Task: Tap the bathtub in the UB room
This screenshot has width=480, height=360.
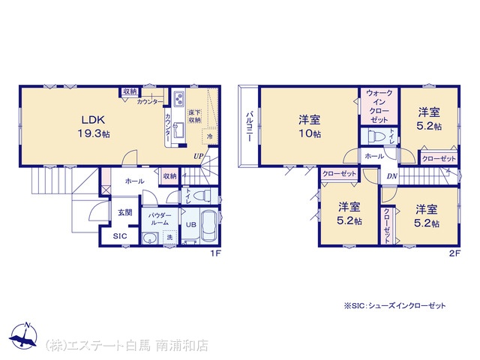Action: [209, 226]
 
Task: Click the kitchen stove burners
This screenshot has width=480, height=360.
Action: [179, 100]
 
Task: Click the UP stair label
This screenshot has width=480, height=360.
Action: [199, 156]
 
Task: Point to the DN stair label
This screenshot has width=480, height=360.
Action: [392, 176]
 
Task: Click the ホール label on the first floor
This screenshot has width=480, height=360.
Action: [135, 181]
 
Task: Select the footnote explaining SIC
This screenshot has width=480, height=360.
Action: [394, 306]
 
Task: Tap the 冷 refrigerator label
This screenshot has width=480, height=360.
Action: [210, 137]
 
